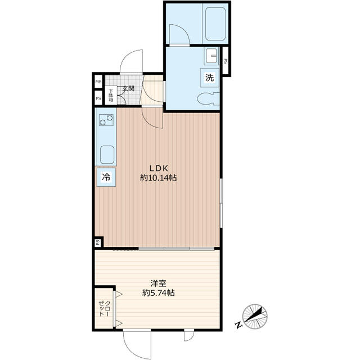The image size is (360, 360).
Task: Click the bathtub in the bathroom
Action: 215,24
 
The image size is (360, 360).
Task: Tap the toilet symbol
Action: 209,99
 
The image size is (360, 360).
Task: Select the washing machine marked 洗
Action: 209,78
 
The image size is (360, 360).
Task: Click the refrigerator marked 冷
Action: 106,177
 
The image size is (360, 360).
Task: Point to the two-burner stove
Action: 106,120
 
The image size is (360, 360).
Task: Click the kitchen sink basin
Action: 107,155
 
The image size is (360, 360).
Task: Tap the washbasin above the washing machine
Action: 212,56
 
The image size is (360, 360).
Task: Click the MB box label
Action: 98,82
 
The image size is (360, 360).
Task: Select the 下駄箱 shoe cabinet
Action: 111,95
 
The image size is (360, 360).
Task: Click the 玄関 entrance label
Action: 128,88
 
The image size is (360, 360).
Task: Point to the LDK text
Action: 159,168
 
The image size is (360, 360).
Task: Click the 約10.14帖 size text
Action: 159,178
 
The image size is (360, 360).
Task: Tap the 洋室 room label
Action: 159,283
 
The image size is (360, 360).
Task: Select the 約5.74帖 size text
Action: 159,293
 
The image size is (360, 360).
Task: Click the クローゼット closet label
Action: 104,309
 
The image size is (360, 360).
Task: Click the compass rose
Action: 255,316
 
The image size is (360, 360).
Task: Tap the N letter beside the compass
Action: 238,325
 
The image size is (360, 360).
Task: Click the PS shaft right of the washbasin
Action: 226,61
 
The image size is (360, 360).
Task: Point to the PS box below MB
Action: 98,98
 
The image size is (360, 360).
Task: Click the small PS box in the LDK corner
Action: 98,242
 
